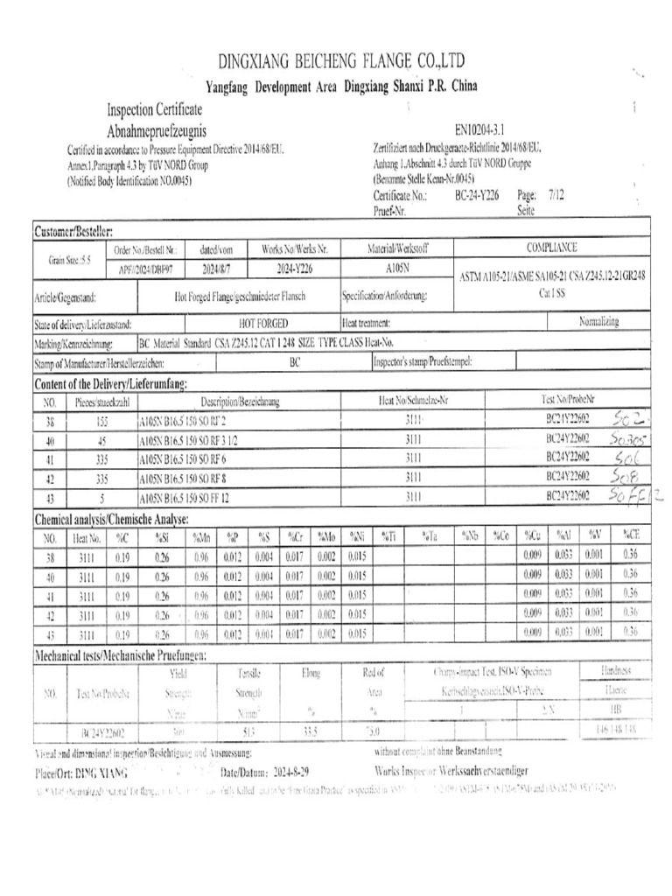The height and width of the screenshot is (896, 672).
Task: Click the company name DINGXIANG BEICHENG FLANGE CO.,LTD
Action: coord(340,61)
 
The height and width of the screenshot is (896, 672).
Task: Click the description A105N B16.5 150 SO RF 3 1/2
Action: coord(188,439)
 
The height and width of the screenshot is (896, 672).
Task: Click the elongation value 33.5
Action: coord(308,729)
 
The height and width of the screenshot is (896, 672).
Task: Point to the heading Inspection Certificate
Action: coord(155,109)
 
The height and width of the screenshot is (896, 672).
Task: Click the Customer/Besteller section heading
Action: coord(73,231)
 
